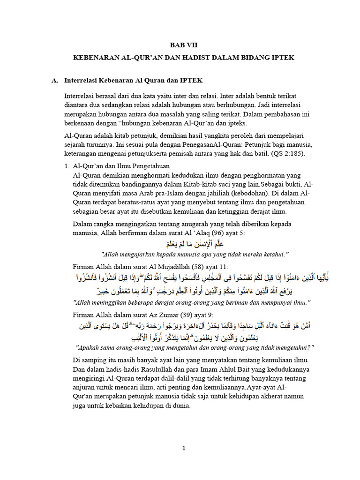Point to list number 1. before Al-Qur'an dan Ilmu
[67, 166]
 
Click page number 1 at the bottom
[184, 448]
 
